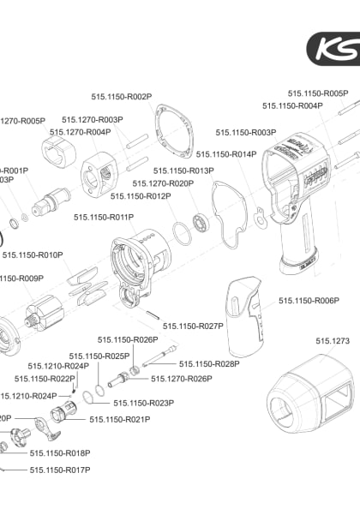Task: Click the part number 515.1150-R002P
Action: (x=121, y=97)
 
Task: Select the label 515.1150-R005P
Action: (x=317, y=93)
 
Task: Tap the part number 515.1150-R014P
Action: (x=226, y=154)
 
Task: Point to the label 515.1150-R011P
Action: (x=104, y=218)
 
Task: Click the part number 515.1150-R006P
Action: (x=309, y=301)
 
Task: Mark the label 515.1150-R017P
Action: (x=60, y=470)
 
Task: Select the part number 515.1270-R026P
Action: (x=182, y=378)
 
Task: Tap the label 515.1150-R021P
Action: (x=120, y=419)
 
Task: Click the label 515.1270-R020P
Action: (x=163, y=183)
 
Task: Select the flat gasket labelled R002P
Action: (x=172, y=133)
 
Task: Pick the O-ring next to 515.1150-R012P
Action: (x=180, y=233)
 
